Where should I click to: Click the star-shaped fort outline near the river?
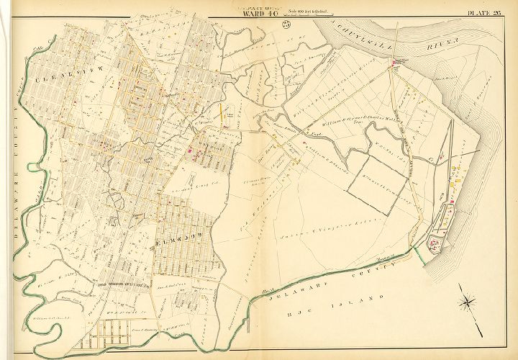[x=435, y=246]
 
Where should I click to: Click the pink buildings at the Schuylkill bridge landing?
[x=394, y=66]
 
